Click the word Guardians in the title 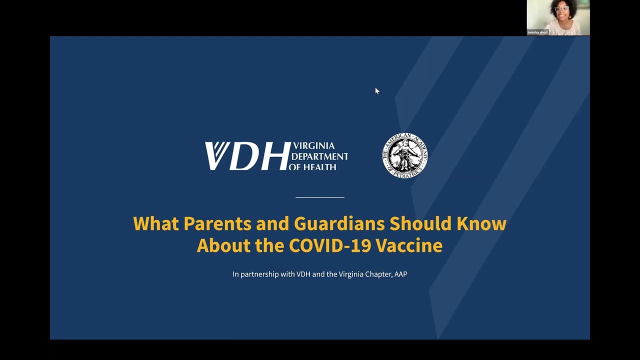point(339,223)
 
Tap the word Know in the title point(481,223)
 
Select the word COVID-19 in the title point(330,245)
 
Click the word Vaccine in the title point(409,245)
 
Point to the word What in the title point(155,223)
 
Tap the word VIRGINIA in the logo point(313,146)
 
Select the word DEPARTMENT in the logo point(319,156)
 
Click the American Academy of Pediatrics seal point(405,155)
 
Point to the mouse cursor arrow point(377,90)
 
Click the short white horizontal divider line point(320,197)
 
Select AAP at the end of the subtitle point(400,274)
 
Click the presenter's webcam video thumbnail point(558,17)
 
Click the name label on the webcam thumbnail point(538,32)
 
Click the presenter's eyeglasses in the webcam point(562,9)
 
